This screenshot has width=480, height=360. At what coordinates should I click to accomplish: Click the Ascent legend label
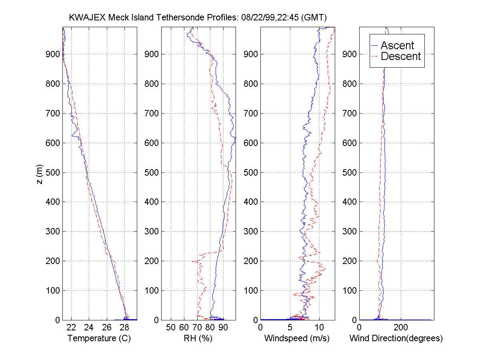pyautogui.click(x=397, y=45)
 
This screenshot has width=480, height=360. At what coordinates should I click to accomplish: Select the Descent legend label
pyautogui.click(x=401, y=56)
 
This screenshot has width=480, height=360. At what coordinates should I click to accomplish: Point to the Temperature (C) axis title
pyautogui.click(x=99, y=338)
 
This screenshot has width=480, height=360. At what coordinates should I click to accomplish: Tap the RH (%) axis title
pyautogui.click(x=198, y=338)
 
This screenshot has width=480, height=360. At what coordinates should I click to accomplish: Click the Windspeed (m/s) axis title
pyautogui.click(x=297, y=338)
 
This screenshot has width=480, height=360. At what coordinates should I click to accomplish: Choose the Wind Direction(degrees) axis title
pyautogui.click(x=396, y=338)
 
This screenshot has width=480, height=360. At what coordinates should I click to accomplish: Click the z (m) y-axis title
pyautogui.click(x=39, y=173)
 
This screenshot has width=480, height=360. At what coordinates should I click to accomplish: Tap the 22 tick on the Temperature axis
pyautogui.click(x=71, y=328)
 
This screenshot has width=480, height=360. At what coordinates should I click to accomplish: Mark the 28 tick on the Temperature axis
pyautogui.click(x=125, y=328)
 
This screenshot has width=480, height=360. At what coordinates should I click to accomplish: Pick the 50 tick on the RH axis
pyautogui.click(x=171, y=328)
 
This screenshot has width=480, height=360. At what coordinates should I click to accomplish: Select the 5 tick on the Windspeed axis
pyautogui.click(x=290, y=328)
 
